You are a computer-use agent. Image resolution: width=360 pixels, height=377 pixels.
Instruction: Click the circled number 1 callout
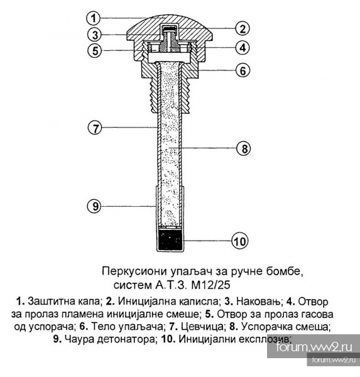pos(94,18)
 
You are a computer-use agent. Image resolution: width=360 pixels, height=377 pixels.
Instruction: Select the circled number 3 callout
pos(95,35)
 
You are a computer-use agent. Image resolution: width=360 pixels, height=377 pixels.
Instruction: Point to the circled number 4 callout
pos(243,48)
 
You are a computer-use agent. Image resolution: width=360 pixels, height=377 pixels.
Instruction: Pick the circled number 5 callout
pos(95,50)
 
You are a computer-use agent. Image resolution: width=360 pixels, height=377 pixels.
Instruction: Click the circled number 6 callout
pos(243,70)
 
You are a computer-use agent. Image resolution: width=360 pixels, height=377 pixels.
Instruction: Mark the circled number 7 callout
pos(95,128)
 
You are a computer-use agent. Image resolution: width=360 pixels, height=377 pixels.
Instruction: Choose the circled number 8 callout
pos(244,148)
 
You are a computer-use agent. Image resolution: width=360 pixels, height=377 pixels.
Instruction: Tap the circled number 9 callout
pos(95,206)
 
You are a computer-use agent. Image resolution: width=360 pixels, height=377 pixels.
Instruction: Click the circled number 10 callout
pos(239,241)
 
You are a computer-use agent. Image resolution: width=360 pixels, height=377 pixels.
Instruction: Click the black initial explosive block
pos(170,239)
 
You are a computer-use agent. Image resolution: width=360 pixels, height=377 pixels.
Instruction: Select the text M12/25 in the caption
pos(210,285)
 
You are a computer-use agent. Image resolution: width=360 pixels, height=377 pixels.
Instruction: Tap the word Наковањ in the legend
pos(258,302)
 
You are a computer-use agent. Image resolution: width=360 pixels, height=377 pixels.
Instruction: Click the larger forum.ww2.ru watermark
pos(314,347)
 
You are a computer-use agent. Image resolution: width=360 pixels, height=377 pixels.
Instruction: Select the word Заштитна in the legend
pos(50,302)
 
